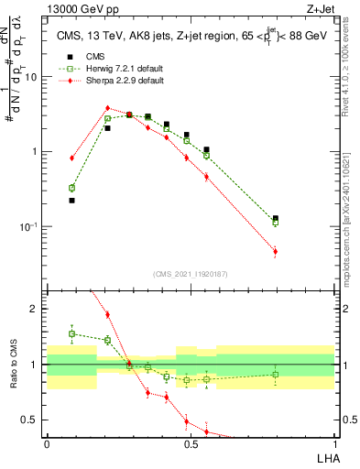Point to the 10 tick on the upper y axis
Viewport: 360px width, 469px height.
tap(33, 77)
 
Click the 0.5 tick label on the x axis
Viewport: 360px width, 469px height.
tap(191, 443)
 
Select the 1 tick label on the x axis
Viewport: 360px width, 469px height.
tap(336, 443)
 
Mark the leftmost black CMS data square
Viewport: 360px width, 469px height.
tap(72, 200)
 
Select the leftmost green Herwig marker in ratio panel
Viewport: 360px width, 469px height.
tap(72, 333)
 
